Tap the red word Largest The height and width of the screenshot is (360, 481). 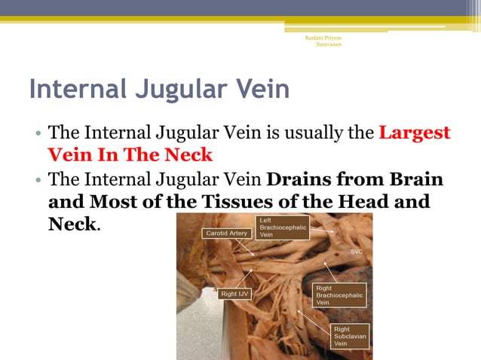414,134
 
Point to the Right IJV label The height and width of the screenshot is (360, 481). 235,294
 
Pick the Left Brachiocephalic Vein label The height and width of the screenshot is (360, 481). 282,227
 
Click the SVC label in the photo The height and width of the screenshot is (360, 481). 357,252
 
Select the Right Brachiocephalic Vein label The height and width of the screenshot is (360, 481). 339,295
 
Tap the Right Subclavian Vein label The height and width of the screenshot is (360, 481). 351,336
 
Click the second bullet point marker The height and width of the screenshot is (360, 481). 38,182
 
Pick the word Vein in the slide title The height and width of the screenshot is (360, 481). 260,90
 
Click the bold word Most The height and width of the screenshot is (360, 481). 121,203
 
